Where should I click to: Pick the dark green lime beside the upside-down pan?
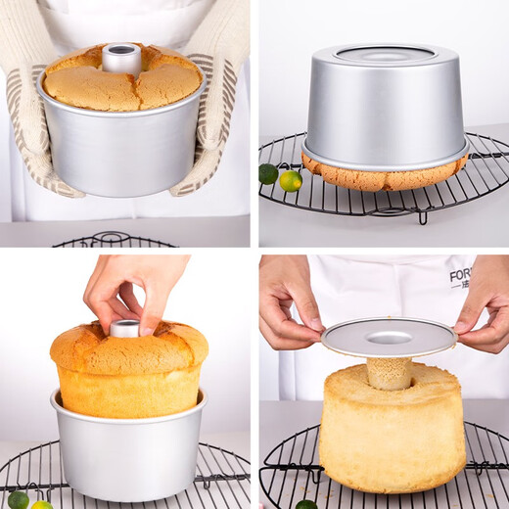click(x=268, y=173)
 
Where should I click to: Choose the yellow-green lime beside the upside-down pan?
click(x=290, y=180)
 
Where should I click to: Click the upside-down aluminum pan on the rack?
click(x=384, y=103)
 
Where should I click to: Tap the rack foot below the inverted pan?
click(x=422, y=216)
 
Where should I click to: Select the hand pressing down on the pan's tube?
click(x=132, y=289)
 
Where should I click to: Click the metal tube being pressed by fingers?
click(x=124, y=328)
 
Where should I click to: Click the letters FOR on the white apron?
click(x=460, y=275)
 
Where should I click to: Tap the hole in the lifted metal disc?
click(x=389, y=338)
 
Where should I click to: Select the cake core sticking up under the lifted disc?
click(x=389, y=373)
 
